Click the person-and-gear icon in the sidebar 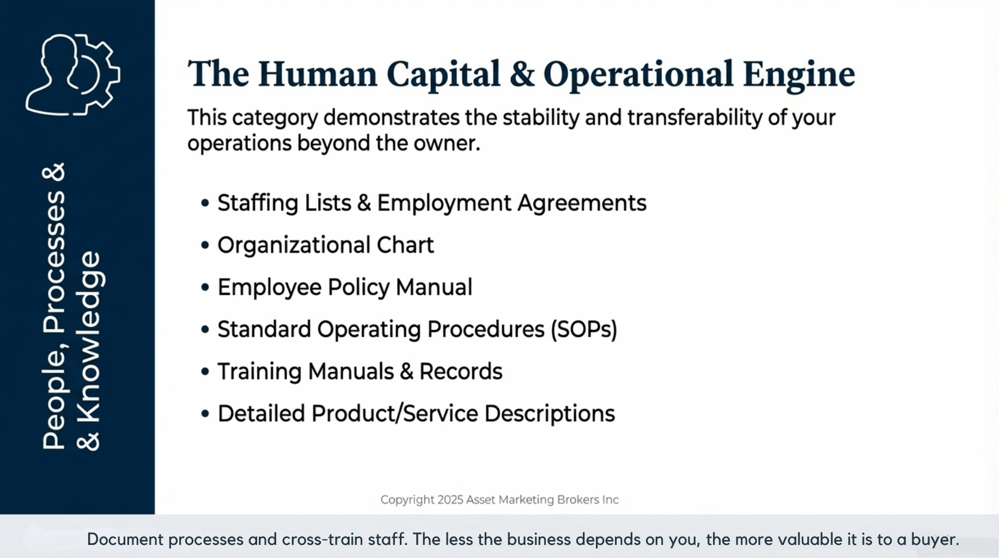pyautogui.click(x=73, y=74)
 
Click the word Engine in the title pyautogui.click(x=799, y=75)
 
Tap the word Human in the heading pyautogui.click(x=318, y=74)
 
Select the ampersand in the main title pyautogui.click(x=522, y=74)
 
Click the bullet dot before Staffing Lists pyautogui.click(x=205, y=203)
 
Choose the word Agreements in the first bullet pyautogui.click(x=582, y=203)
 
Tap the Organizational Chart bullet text pyautogui.click(x=326, y=245)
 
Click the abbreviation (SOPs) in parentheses pyautogui.click(x=584, y=330)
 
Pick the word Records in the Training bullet pyautogui.click(x=461, y=372)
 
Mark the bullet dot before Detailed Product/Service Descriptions pyautogui.click(x=205, y=414)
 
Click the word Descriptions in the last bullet pyautogui.click(x=550, y=414)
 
